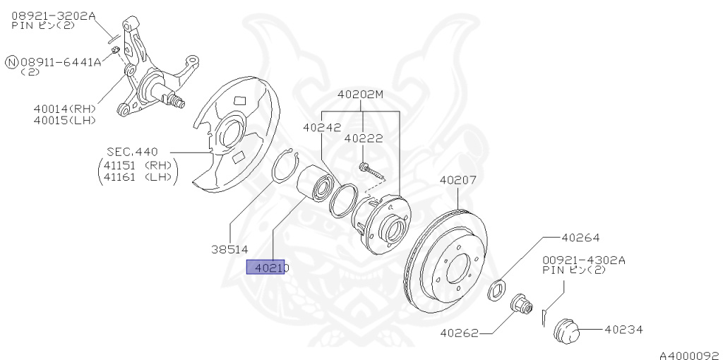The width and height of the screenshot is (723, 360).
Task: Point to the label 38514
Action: [229, 248]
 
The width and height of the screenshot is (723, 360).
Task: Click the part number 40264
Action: [580, 238]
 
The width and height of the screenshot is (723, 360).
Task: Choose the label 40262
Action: [459, 332]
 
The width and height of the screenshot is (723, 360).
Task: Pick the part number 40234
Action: [623, 329]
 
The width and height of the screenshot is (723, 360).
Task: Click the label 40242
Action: [322, 128]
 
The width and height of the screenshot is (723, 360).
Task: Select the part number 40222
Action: [364, 138]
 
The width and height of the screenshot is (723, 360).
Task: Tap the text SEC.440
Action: [132, 151]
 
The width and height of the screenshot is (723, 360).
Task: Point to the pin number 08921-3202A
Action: [53, 14]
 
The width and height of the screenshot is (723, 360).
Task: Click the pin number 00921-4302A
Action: [584, 260]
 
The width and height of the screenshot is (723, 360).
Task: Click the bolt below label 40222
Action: [370, 169]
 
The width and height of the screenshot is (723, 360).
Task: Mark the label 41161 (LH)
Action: [138, 177]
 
